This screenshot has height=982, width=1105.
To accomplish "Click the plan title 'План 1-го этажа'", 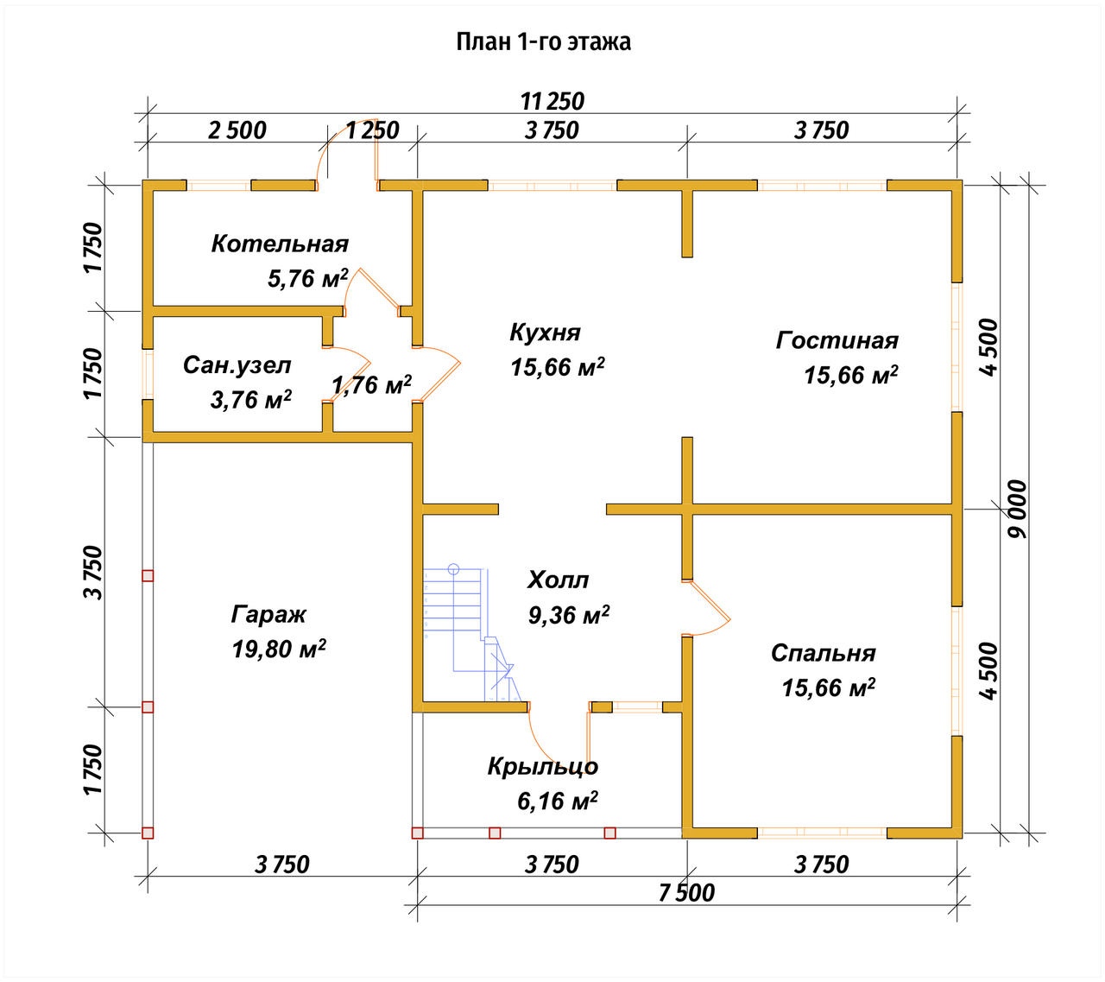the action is pyautogui.click(x=543, y=42).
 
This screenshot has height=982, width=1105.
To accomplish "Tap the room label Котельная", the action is pyautogui.click(x=280, y=244).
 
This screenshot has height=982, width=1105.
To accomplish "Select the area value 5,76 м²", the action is pyautogui.click(x=307, y=278).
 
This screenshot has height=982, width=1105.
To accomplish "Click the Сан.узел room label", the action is pyautogui.click(x=237, y=365).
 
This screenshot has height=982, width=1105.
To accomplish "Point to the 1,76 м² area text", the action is pyautogui.click(x=371, y=384).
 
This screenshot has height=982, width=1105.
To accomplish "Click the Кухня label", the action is pyautogui.click(x=545, y=333).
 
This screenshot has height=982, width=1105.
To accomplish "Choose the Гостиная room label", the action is pyautogui.click(x=837, y=340).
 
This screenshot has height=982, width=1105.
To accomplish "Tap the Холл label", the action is pyautogui.click(x=558, y=580).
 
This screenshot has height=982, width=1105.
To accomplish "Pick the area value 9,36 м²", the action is pyautogui.click(x=568, y=615).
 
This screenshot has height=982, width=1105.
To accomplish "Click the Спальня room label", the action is pyautogui.click(x=823, y=654).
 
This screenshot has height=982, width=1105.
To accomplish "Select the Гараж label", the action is pyautogui.click(x=268, y=615).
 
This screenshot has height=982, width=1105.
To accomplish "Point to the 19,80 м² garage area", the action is pyautogui.click(x=279, y=649).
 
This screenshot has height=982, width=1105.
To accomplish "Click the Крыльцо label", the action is pyautogui.click(x=543, y=767).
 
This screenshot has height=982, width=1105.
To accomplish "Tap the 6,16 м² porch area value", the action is pyautogui.click(x=558, y=801).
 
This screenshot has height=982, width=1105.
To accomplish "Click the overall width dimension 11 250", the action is pyautogui.click(x=552, y=102).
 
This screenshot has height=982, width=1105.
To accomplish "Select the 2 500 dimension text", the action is pyautogui.click(x=237, y=130).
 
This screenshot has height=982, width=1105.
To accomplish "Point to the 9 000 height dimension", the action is pyautogui.click(x=1017, y=509).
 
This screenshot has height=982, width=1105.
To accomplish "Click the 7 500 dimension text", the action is pyautogui.click(x=686, y=893).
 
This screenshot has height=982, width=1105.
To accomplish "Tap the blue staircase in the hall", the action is pyautogui.click(x=469, y=633).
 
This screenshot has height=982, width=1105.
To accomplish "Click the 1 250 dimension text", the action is pyautogui.click(x=373, y=130).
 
